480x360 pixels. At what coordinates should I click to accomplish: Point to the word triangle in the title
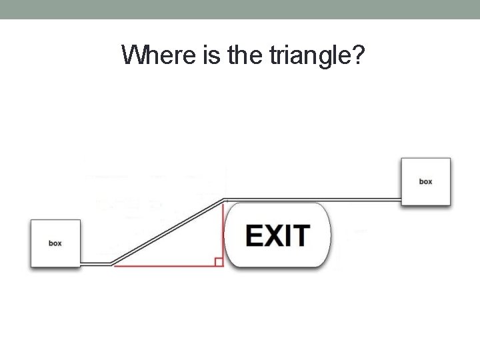click(308, 56)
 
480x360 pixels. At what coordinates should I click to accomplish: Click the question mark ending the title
click(358, 55)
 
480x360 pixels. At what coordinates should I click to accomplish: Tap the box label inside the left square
click(55, 243)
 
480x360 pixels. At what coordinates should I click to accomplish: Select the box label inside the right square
click(425, 181)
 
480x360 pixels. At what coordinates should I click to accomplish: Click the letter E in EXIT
click(255, 235)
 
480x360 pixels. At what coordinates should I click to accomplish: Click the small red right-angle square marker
click(219, 262)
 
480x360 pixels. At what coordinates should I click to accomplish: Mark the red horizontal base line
click(167, 266)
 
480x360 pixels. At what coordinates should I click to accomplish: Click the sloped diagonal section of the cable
click(167, 231)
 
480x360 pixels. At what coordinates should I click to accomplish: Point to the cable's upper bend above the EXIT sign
click(225, 199)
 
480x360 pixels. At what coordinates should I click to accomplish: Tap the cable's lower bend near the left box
click(111, 263)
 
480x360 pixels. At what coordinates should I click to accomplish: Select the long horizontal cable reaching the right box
click(313, 199)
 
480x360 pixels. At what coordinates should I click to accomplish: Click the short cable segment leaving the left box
click(95, 263)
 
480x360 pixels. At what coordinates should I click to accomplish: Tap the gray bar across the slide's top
click(240, 9)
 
